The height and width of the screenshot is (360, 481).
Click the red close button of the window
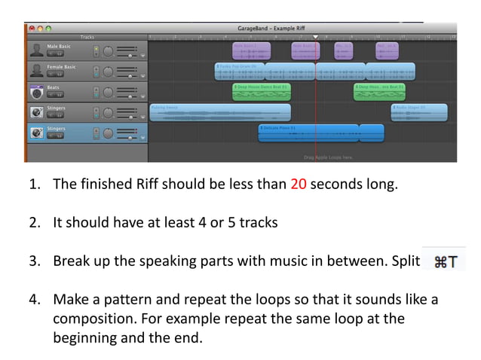pyautogui.click(x=30, y=29)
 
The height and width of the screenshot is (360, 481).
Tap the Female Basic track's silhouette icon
pyautogui.click(x=35, y=71)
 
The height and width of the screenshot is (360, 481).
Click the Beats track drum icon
pyautogui.click(x=35, y=92)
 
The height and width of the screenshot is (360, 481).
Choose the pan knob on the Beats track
pyautogui.click(x=108, y=93)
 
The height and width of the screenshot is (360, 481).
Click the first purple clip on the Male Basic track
pyautogui.click(x=251, y=50)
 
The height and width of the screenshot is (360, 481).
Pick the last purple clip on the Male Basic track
pyautogui.click(x=387, y=50)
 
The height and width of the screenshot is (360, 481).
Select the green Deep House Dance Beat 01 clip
pyautogui.click(x=261, y=92)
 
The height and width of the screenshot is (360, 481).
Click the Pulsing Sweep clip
pyautogui.click(x=219, y=113)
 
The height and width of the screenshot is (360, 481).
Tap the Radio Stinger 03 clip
pyautogui.click(x=419, y=113)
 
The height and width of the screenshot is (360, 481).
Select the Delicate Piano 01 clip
pyautogui.click(x=321, y=133)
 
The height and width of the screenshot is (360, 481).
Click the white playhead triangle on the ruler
pyautogui.click(x=315, y=36)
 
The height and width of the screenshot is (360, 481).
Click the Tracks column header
pyautogui.click(x=88, y=36)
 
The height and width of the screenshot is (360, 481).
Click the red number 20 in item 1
pyautogui.click(x=299, y=185)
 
